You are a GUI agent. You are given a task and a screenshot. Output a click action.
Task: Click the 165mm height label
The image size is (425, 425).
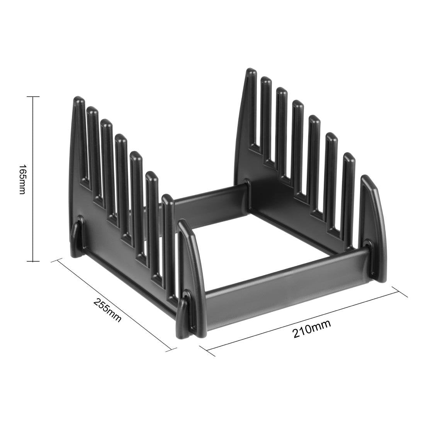(22, 179)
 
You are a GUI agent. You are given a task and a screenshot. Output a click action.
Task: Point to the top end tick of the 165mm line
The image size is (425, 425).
(32, 97)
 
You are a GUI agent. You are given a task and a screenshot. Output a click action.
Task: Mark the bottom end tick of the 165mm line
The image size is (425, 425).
(32, 262)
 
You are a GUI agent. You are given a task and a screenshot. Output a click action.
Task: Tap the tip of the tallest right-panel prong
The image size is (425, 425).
(251, 72)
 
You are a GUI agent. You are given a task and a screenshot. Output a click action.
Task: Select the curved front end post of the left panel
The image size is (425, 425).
(191, 263)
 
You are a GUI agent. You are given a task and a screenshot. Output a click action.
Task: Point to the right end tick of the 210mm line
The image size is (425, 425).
(400, 292)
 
